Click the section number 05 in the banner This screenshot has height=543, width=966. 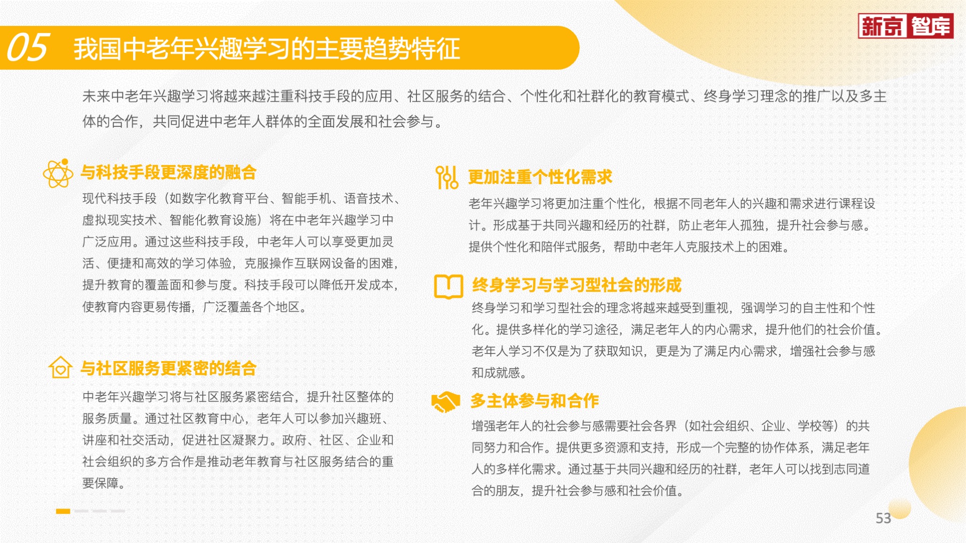27,48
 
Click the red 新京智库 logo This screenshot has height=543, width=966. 906,26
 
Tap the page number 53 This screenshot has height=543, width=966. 883,518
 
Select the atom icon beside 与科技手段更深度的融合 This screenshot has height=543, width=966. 58,173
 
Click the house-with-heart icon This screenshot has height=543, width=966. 60,368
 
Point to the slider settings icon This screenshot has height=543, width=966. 447,177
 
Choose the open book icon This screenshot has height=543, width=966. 449,287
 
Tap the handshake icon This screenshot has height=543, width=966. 445,402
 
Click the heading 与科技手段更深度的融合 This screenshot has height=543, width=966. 168,173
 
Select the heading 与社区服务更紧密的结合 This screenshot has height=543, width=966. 168,368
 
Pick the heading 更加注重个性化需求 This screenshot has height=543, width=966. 540,177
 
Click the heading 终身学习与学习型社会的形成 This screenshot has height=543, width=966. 577,285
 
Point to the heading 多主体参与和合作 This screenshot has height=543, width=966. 535,401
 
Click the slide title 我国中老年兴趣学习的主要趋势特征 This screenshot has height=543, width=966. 267,49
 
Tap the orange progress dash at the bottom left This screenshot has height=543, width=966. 63,511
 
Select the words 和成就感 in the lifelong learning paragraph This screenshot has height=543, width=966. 496,373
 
